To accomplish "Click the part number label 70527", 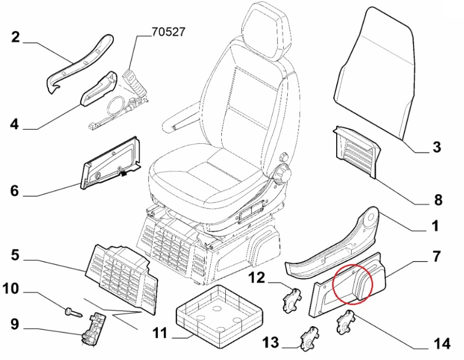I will coord(168,32).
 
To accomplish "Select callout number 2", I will coord(15,37).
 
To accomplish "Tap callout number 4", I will coord(14,124).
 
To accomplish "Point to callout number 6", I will coord(14,191).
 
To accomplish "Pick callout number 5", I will coord(15,255).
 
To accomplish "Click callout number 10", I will coord(12,289).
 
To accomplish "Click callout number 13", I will coord(271,341).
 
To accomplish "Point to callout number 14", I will coord(442,344).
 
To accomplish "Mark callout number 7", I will coord(436,256).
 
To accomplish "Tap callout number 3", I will coord(437,148).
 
